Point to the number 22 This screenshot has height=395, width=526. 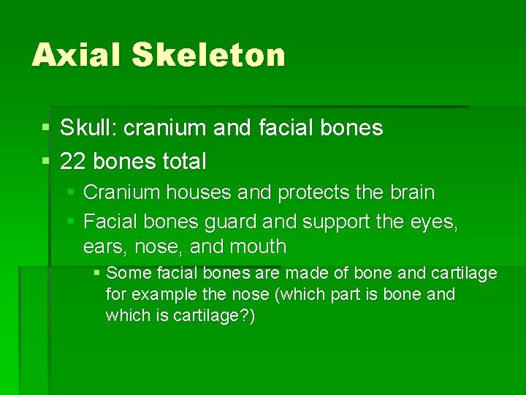click(x=72, y=160)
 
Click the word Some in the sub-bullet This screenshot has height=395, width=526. click(x=127, y=274)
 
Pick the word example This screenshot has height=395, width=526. click(x=164, y=295)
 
